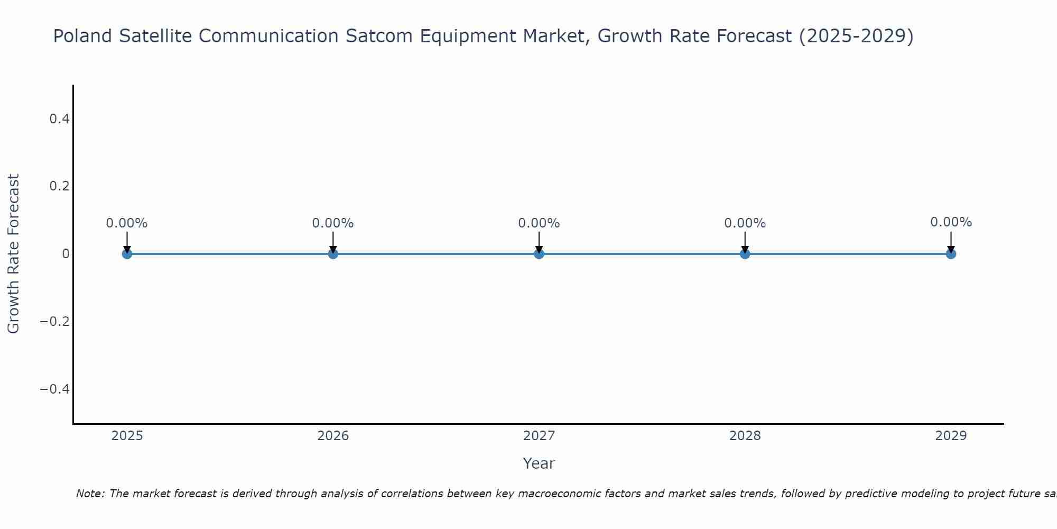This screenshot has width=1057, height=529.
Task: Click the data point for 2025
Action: click(127, 254)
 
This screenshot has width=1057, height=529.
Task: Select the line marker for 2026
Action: click(333, 254)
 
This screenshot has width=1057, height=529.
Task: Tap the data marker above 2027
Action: click(539, 254)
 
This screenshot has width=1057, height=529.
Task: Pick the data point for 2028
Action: click(745, 254)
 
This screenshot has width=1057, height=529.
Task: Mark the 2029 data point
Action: click(951, 254)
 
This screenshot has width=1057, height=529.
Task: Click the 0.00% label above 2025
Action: click(127, 223)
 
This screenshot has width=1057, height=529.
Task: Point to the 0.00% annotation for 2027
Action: click(539, 223)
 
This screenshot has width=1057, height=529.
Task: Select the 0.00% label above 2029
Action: click(951, 222)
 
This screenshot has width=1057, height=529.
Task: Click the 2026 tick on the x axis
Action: click(333, 436)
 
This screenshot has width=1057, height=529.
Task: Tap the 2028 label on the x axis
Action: click(745, 436)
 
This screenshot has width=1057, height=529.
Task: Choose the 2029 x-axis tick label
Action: click(951, 436)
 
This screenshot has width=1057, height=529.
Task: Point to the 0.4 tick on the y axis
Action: click(60, 119)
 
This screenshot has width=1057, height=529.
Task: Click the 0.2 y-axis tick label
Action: click(60, 186)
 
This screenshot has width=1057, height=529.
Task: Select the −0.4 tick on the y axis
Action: click(55, 389)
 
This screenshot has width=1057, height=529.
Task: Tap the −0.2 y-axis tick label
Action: click(55, 322)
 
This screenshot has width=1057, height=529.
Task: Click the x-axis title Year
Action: click(539, 463)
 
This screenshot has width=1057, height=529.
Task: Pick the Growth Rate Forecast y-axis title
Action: click(13, 254)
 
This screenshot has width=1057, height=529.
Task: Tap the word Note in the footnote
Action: click(90, 494)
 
